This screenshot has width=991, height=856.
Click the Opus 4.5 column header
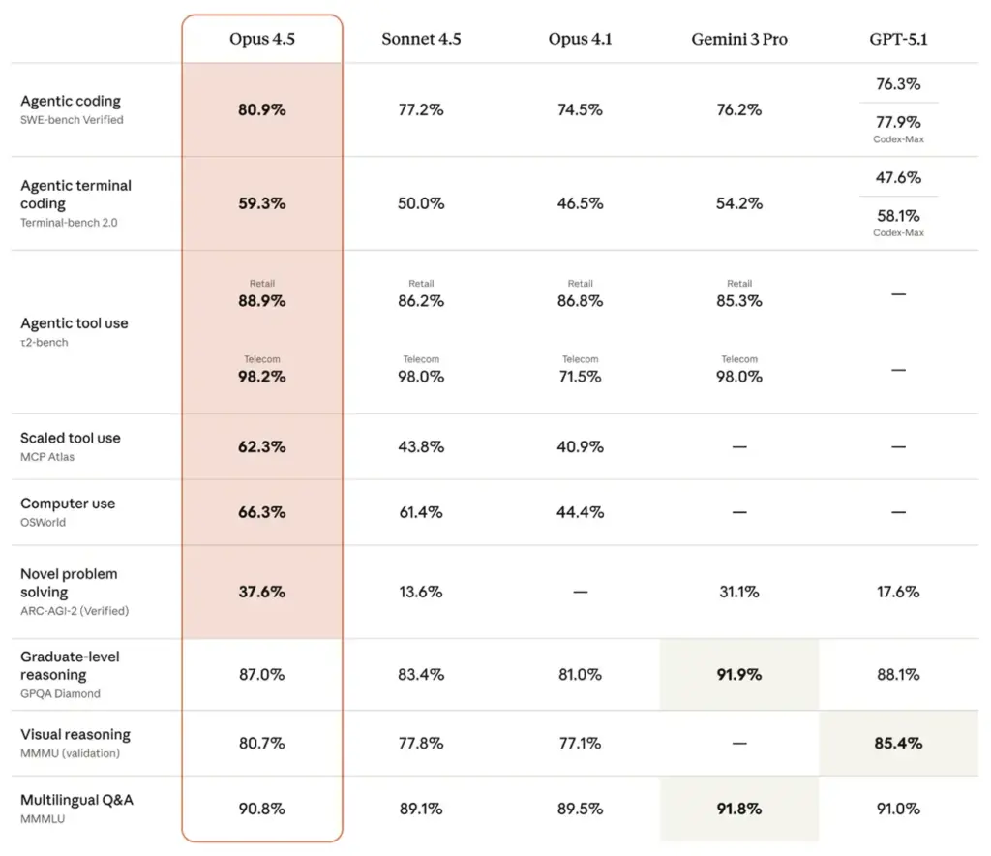click(x=261, y=40)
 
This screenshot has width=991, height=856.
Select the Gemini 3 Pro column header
click(x=738, y=40)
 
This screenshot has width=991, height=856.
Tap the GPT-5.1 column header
click(x=898, y=40)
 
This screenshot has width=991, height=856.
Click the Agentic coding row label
click(x=71, y=101)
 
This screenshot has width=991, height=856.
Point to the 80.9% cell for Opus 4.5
click(x=261, y=110)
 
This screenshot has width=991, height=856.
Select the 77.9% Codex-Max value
click(x=898, y=123)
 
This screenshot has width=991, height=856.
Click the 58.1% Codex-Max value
click(x=898, y=216)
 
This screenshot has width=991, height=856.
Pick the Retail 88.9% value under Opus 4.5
click(x=261, y=301)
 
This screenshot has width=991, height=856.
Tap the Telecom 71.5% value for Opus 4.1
click(x=580, y=377)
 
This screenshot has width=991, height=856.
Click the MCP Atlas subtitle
click(x=47, y=457)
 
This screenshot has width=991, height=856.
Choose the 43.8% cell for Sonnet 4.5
click(x=421, y=447)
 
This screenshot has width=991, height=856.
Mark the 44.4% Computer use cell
click(x=580, y=512)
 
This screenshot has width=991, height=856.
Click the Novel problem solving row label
click(x=69, y=583)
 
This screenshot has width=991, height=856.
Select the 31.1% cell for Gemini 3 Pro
click(x=738, y=592)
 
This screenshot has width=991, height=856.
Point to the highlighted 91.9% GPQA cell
click(x=738, y=675)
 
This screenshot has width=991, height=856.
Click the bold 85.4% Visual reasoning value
click(x=898, y=744)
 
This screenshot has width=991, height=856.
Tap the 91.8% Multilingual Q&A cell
click(x=738, y=809)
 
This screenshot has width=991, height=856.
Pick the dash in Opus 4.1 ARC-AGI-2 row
click(x=580, y=592)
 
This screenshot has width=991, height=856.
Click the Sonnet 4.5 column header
click(x=421, y=40)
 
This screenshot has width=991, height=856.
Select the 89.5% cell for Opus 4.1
click(x=580, y=809)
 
